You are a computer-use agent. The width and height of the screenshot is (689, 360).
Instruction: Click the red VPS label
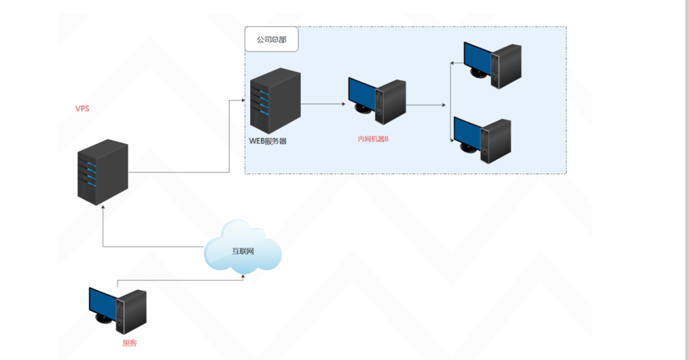[x=82, y=109]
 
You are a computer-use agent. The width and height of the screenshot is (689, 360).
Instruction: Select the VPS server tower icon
[x=102, y=172]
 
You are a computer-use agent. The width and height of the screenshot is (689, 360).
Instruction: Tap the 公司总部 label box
[x=271, y=40]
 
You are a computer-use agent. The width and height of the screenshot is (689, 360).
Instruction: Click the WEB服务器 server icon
[x=275, y=101]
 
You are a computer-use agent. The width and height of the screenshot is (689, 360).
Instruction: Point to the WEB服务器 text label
[x=268, y=141]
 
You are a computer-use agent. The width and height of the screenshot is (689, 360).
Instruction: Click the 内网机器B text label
[x=373, y=139]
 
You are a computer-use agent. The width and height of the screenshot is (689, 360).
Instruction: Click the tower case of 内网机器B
[x=392, y=102]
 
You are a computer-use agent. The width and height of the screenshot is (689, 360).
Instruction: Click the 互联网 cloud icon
[x=242, y=248]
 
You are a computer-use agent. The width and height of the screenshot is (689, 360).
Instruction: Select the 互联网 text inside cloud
[x=243, y=252]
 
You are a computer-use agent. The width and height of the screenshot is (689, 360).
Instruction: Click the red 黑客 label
[x=129, y=343]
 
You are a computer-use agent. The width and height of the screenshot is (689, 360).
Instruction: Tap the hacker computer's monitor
[x=103, y=303]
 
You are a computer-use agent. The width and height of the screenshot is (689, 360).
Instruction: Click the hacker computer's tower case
[x=133, y=311]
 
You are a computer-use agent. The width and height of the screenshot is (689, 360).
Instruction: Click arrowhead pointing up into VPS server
[x=102, y=209]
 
